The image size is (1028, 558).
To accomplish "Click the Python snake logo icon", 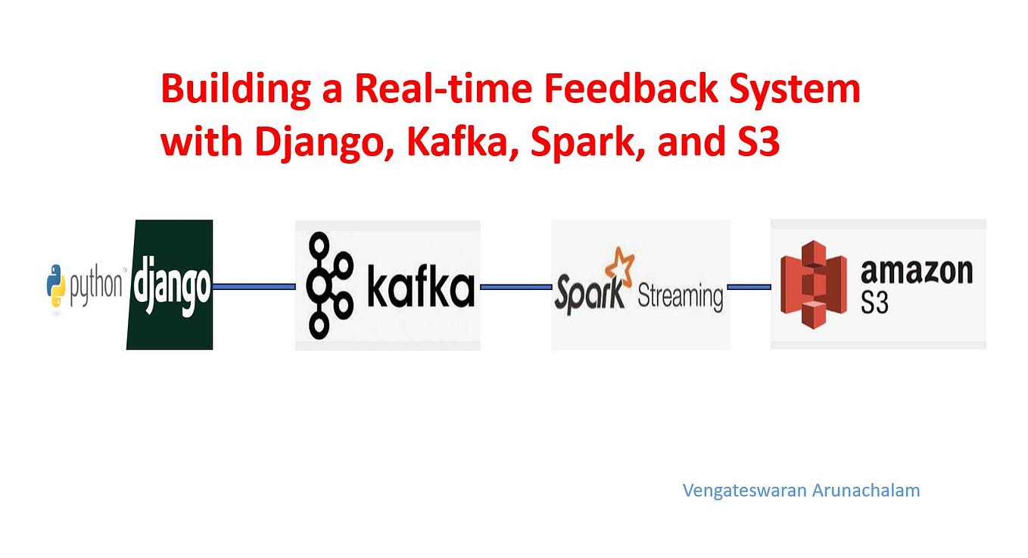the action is [x=56, y=285].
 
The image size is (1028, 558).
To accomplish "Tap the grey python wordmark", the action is [x=96, y=287].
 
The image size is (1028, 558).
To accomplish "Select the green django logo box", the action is [x=171, y=285].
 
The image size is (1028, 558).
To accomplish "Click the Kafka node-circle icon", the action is [x=329, y=285].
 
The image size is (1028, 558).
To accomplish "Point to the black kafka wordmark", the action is [x=420, y=288].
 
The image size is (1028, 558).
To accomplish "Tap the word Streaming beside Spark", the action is [x=680, y=295].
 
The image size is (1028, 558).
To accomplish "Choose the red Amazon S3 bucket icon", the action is [x=813, y=285].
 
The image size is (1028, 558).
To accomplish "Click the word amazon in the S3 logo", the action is [x=916, y=270].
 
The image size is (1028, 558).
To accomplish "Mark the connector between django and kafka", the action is [x=254, y=286].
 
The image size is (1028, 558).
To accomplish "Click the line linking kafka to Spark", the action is [x=516, y=286].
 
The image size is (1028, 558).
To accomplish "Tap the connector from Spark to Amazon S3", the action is [x=749, y=286].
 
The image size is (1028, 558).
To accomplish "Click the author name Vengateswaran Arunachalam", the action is [x=801, y=491].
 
